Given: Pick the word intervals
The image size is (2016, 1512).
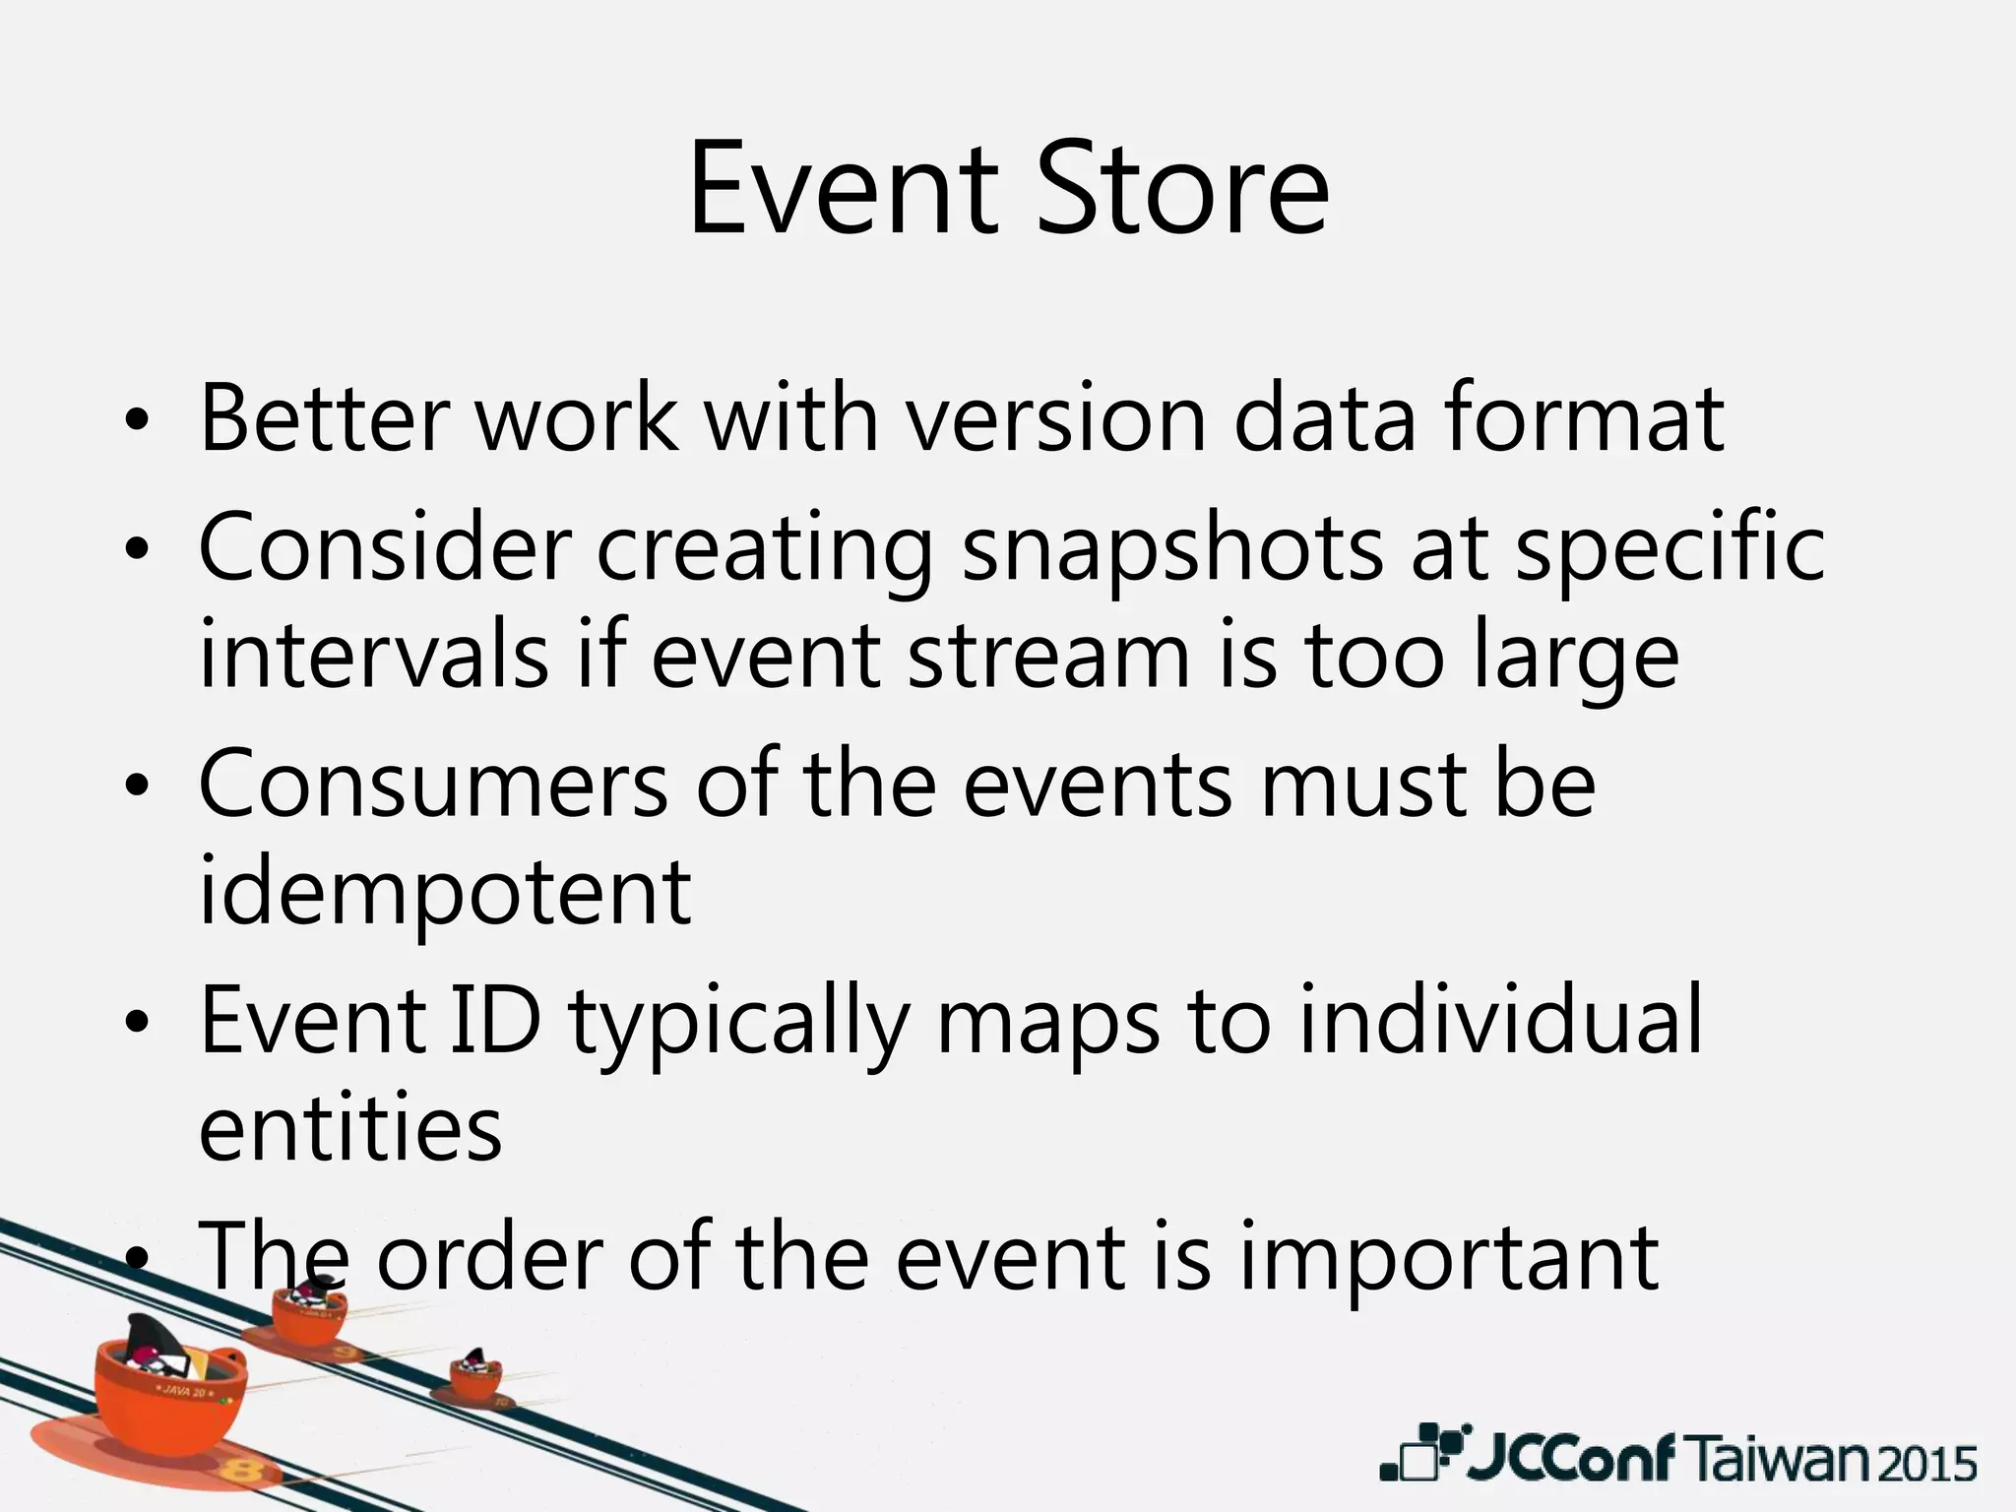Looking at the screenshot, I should [x=373, y=657].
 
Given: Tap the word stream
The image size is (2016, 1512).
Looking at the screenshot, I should [x=1048, y=657].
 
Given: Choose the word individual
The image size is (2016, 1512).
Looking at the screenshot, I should [x=1500, y=1021].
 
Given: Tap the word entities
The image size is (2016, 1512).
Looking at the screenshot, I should [x=350, y=1129].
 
